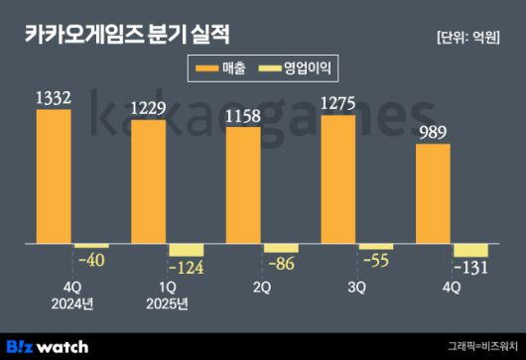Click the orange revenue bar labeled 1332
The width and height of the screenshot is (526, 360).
54,176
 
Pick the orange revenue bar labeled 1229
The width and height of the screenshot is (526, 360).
149,181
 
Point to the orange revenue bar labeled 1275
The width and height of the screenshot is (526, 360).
338,179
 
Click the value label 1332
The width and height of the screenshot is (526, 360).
54,98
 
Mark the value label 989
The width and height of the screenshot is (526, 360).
434,133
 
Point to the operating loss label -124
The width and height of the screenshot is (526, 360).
187,268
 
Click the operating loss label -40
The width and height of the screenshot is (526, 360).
91,259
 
